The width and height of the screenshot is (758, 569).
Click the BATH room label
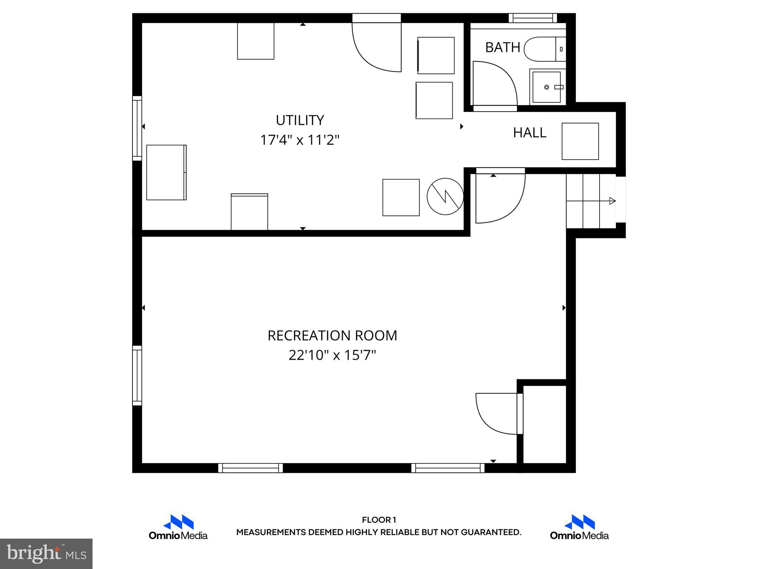[502, 47]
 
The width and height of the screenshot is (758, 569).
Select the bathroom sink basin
[547, 87]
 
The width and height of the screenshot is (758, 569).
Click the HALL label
[529, 133]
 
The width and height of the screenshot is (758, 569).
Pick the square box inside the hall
[580, 141]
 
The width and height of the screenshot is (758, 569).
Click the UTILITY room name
[300, 120]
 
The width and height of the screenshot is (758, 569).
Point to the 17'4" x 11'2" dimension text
[300, 140]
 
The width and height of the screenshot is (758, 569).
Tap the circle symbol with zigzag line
[445, 196]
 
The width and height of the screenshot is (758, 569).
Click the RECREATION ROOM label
[332, 336]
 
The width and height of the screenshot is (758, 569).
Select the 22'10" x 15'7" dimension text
[332, 355]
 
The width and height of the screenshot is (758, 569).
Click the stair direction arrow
[611, 201]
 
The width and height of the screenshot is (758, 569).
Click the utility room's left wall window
[137, 128]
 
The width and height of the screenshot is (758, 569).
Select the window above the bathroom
[533, 18]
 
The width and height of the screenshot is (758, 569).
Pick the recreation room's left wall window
[137, 376]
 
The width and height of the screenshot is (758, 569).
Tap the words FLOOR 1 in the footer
[379, 520]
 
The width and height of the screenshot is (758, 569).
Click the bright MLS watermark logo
[46, 553]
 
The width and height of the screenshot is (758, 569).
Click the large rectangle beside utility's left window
[166, 172]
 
